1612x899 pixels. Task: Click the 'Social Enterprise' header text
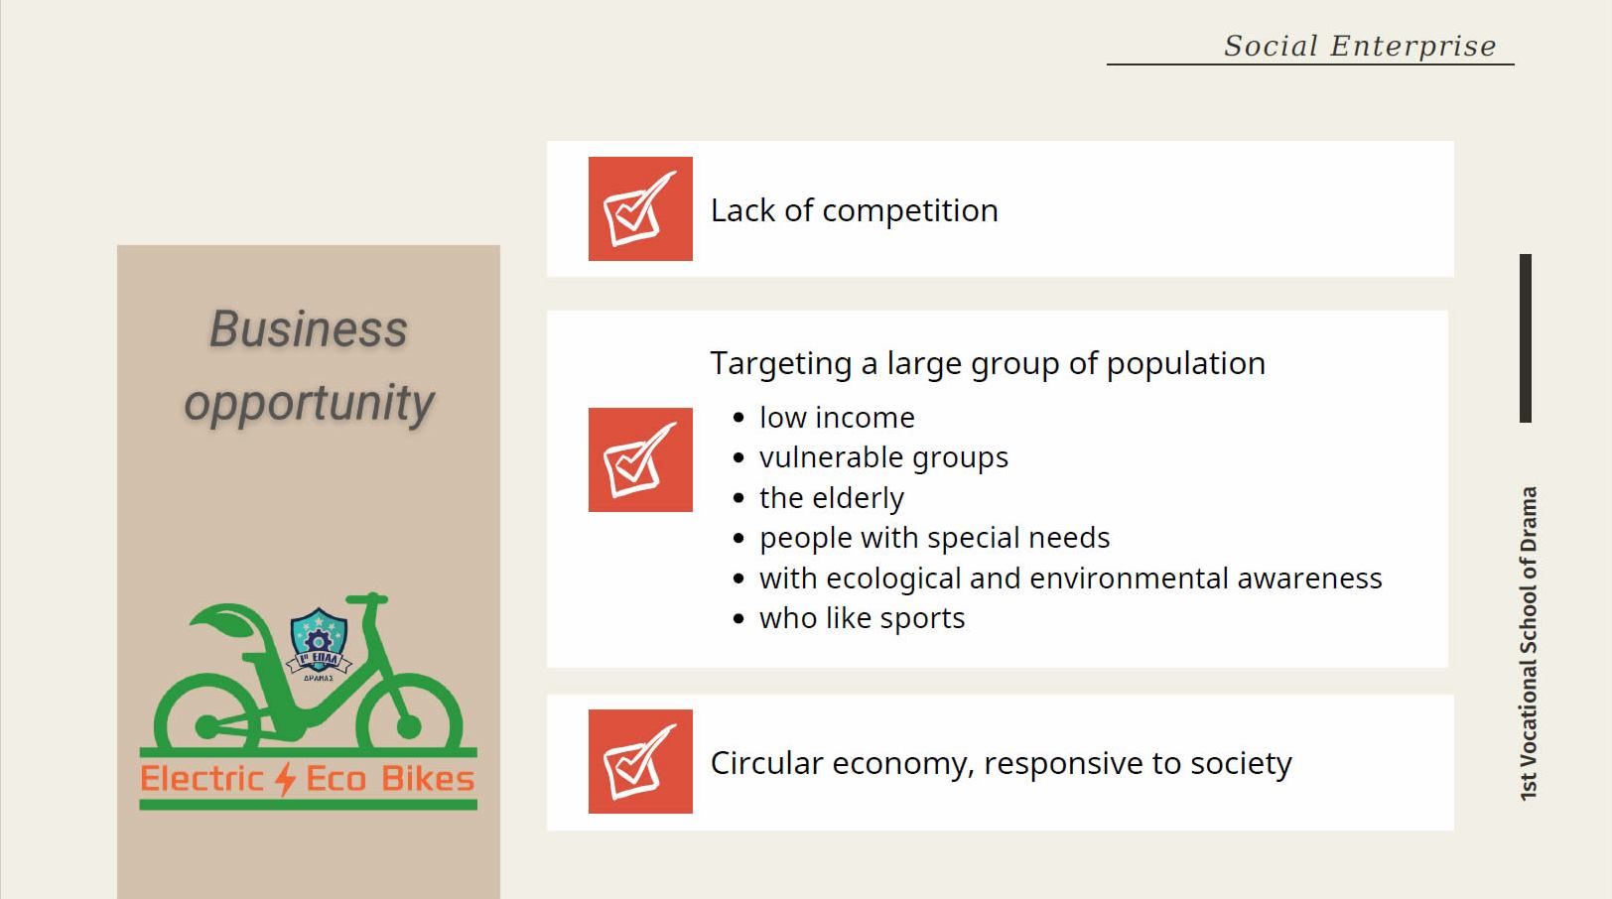(x=1360, y=46)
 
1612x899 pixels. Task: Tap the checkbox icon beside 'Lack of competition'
(x=640, y=208)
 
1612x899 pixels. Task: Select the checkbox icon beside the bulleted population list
(x=640, y=459)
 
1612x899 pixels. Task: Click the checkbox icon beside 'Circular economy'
(x=640, y=762)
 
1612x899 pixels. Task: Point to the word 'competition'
(x=909, y=211)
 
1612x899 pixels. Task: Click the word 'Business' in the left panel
(x=309, y=329)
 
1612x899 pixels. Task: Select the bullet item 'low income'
(x=837, y=418)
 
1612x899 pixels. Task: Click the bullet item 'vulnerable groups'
(x=883, y=458)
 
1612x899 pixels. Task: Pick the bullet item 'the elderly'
(x=831, y=498)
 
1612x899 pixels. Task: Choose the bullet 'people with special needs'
(x=934, y=538)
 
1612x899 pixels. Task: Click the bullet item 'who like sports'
(x=862, y=618)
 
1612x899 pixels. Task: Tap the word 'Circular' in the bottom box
(x=765, y=763)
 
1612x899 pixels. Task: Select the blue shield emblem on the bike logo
(x=319, y=640)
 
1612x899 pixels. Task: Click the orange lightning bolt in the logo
(x=286, y=779)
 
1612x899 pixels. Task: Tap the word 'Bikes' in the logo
(x=428, y=779)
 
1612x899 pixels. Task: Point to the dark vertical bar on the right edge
(x=1525, y=338)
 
